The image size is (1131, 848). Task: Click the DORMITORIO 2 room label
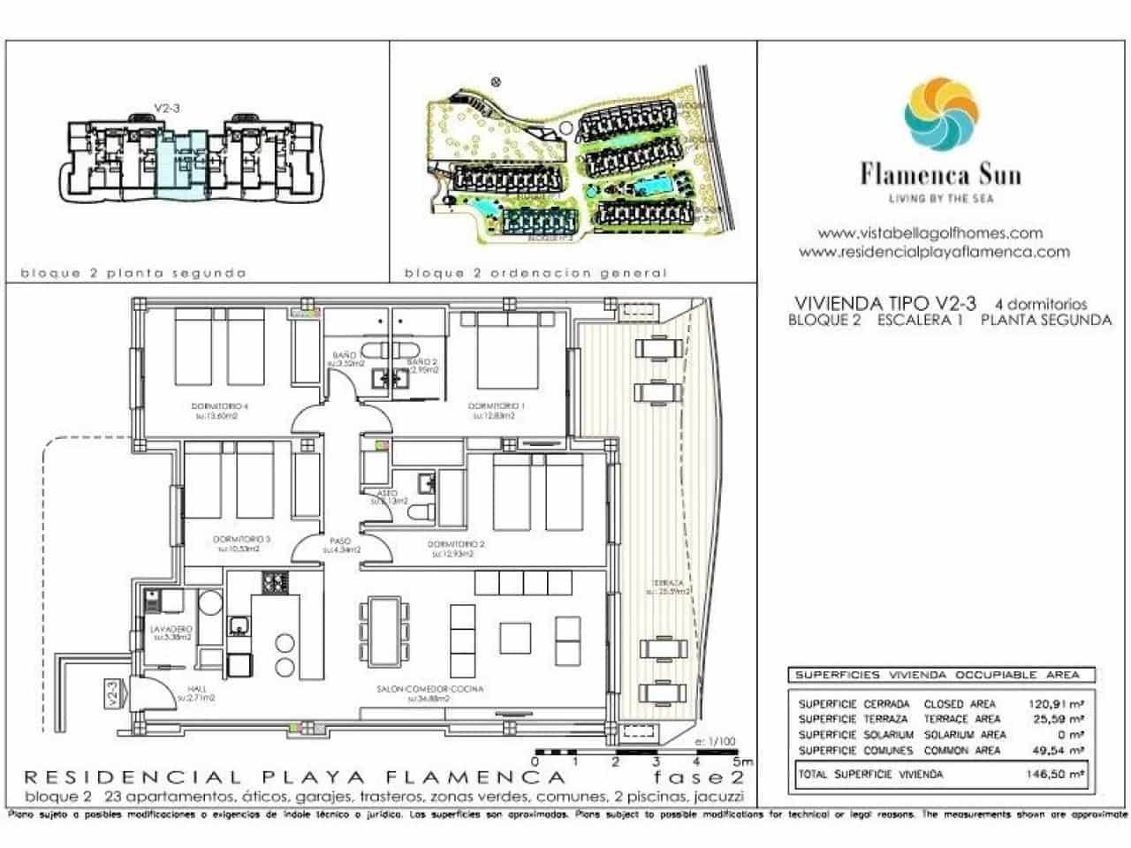456,545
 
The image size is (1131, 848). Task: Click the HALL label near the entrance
196,689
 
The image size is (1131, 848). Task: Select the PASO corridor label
340,541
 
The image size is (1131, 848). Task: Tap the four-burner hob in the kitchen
274,582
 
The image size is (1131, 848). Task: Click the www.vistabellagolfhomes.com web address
930,233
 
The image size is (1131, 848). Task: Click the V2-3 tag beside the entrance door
112,692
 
